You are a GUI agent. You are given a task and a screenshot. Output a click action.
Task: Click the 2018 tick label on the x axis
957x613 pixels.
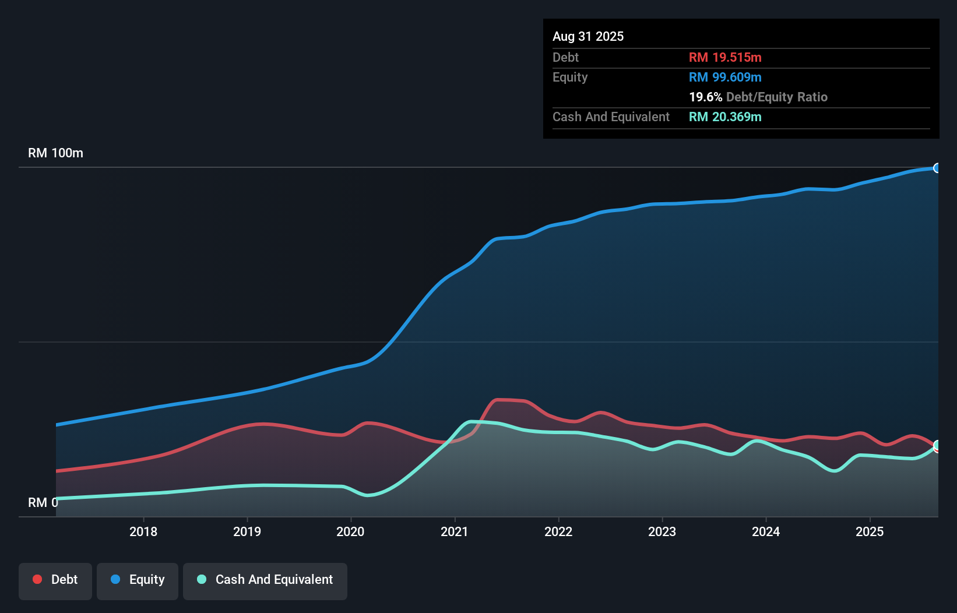(x=143, y=531)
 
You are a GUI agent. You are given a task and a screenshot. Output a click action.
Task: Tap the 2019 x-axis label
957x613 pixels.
(x=247, y=531)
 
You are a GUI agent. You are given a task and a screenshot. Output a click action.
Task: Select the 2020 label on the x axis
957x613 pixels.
(x=350, y=531)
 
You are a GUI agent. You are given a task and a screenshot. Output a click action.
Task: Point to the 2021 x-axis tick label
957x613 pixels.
(x=455, y=531)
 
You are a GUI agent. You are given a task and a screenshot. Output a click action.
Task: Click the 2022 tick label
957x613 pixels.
(x=558, y=531)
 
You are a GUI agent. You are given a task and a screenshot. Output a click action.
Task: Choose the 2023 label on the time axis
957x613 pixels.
(x=662, y=531)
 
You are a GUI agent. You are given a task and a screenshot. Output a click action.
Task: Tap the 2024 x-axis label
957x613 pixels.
(x=766, y=531)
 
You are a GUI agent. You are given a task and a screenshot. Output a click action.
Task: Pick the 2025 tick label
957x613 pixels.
(x=870, y=531)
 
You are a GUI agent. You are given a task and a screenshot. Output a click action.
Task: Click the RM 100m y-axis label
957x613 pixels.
(x=55, y=153)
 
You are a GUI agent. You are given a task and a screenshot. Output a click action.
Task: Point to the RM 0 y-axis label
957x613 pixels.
(x=43, y=502)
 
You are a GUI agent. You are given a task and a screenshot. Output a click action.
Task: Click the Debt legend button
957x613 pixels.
(x=55, y=580)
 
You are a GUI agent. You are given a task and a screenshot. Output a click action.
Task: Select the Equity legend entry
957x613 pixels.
(x=138, y=580)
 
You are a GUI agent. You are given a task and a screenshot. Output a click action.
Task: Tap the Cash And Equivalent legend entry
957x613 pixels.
(x=265, y=580)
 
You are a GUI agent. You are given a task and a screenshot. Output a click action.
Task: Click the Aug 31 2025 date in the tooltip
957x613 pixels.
(x=588, y=36)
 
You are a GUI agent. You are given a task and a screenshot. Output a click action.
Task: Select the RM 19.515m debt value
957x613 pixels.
(x=725, y=57)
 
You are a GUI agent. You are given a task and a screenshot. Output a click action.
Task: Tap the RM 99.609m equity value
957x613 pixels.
(x=725, y=77)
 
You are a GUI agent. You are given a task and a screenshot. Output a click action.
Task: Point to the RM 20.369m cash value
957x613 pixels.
(x=725, y=117)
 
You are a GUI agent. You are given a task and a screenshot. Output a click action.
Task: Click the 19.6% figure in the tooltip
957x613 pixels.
(x=705, y=97)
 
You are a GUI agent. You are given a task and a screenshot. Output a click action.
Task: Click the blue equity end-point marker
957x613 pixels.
(x=937, y=168)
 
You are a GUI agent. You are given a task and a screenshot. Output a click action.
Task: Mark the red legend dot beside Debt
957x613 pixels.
(x=37, y=579)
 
